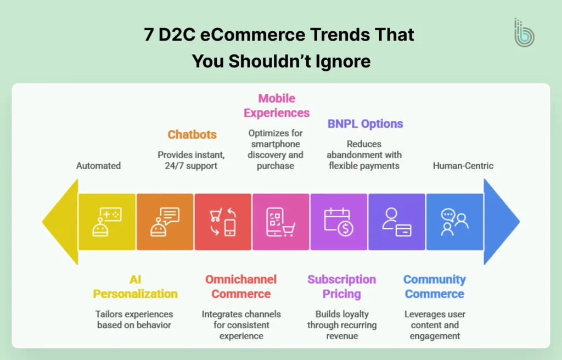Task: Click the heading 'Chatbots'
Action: coord(192,134)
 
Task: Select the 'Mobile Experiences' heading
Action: coord(277,106)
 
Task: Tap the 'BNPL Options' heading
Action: coord(365,123)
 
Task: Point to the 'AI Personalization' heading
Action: coord(135,286)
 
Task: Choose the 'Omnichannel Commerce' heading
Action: coord(241,286)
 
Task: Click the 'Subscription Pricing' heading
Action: coord(341,286)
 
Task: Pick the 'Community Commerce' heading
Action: coord(434,286)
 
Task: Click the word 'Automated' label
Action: coord(99,165)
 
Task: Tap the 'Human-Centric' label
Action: coord(463,165)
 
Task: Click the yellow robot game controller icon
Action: coord(106,222)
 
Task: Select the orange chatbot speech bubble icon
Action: coord(165,222)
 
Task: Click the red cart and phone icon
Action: coord(223,222)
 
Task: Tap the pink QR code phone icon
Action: coord(280,222)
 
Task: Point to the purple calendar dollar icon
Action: coord(339,222)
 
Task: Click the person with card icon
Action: coord(397,222)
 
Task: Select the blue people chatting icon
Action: coord(454,222)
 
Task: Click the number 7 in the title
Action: coord(149,36)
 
